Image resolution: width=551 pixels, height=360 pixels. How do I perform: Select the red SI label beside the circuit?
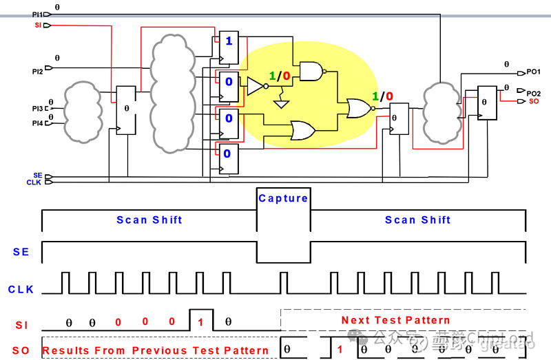[x=37, y=25]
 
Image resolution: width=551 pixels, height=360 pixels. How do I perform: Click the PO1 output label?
[x=534, y=72]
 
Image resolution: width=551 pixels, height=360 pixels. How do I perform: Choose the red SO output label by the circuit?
[x=534, y=101]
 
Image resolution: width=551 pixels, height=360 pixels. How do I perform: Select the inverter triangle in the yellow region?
[x=256, y=86]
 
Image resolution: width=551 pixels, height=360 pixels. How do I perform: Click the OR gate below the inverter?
[x=304, y=130]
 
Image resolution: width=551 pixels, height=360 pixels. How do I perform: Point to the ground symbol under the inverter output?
[x=280, y=104]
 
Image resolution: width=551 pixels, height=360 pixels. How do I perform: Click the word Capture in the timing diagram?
[x=283, y=198]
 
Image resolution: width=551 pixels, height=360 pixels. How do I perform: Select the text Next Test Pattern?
[x=395, y=320]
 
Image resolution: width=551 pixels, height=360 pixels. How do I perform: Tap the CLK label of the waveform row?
[x=21, y=289]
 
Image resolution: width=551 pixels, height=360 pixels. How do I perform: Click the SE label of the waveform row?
[x=21, y=252]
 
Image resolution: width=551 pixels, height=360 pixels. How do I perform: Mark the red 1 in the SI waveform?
[x=200, y=321]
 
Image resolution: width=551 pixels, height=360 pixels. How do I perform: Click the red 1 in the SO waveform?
[x=340, y=350]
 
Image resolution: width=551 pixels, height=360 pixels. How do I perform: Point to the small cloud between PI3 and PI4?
[x=83, y=110]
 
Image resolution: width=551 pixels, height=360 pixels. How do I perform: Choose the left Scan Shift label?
[x=149, y=220]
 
